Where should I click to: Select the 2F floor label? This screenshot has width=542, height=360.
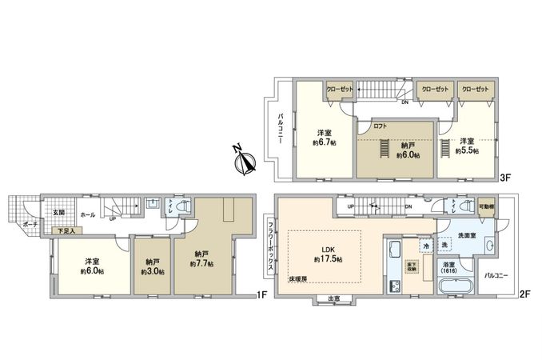[524, 294]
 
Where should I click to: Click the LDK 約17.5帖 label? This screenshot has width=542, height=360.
[329, 254]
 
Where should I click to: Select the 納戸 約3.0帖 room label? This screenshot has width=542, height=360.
[152, 267]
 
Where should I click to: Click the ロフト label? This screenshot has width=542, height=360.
[381, 126]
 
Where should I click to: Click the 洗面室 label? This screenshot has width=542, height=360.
[466, 237]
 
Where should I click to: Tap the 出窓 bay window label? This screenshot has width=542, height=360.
[333, 299]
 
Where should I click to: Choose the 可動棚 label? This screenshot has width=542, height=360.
[485, 206]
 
